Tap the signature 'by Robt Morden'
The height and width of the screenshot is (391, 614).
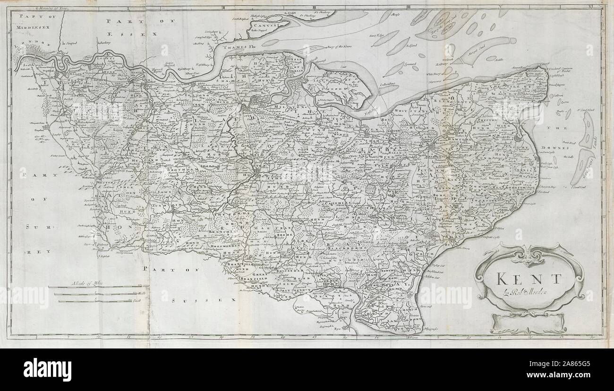point(528,293)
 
